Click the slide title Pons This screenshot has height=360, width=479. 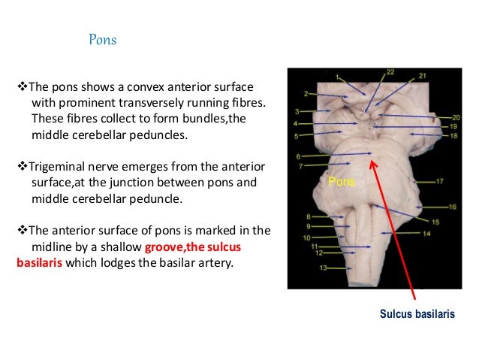(x=103, y=39)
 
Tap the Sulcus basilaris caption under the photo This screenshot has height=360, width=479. (x=417, y=313)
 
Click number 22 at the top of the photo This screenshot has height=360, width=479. (x=390, y=72)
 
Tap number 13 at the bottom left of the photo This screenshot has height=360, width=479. (x=323, y=268)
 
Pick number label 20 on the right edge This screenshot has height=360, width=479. (x=455, y=118)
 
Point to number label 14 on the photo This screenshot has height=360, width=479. (x=426, y=234)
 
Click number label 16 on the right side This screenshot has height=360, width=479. (x=452, y=207)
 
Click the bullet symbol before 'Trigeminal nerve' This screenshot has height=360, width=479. (x=21, y=165)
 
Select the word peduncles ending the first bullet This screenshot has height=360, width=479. (x=149, y=135)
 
